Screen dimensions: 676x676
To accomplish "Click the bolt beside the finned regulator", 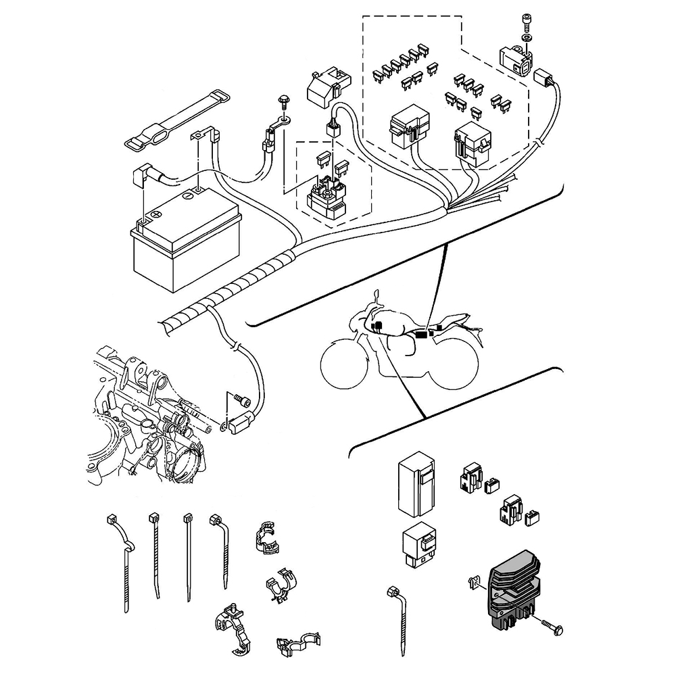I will pyautogui.click(x=550, y=625).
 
